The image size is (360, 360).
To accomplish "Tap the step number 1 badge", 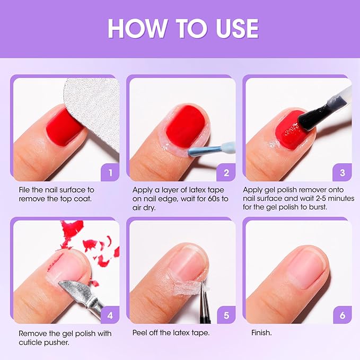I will coord(110,172).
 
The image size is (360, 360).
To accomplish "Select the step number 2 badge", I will coord(226,172).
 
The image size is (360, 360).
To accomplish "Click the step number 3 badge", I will coord(342,172).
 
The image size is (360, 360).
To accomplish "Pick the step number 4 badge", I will coord(110,315).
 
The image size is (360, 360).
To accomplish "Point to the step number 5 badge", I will coord(226,315).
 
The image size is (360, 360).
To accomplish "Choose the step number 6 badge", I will coord(342,315).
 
